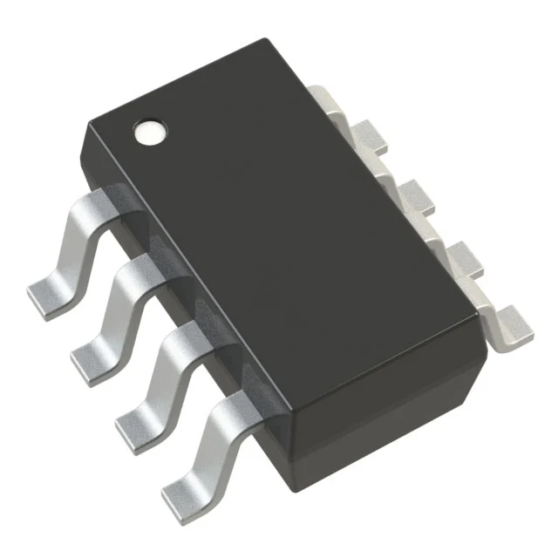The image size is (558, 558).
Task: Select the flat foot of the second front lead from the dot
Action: pyautogui.click(x=89, y=357)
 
